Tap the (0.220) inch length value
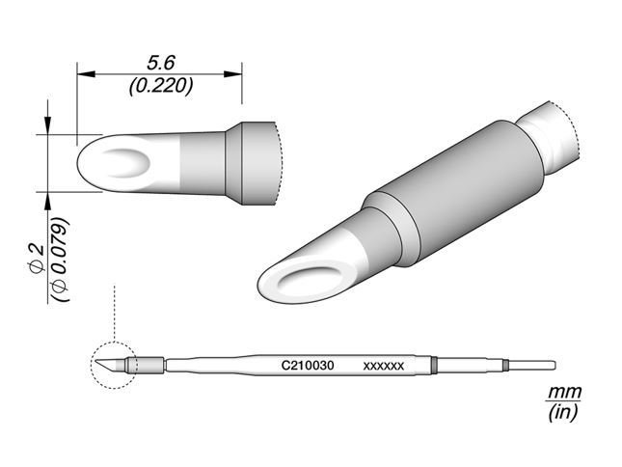pyautogui.click(x=159, y=85)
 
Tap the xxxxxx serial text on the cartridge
pyautogui.click(x=383, y=367)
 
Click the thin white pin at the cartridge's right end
pyautogui.click(x=532, y=365)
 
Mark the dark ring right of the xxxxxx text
pyautogui.click(x=434, y=365)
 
